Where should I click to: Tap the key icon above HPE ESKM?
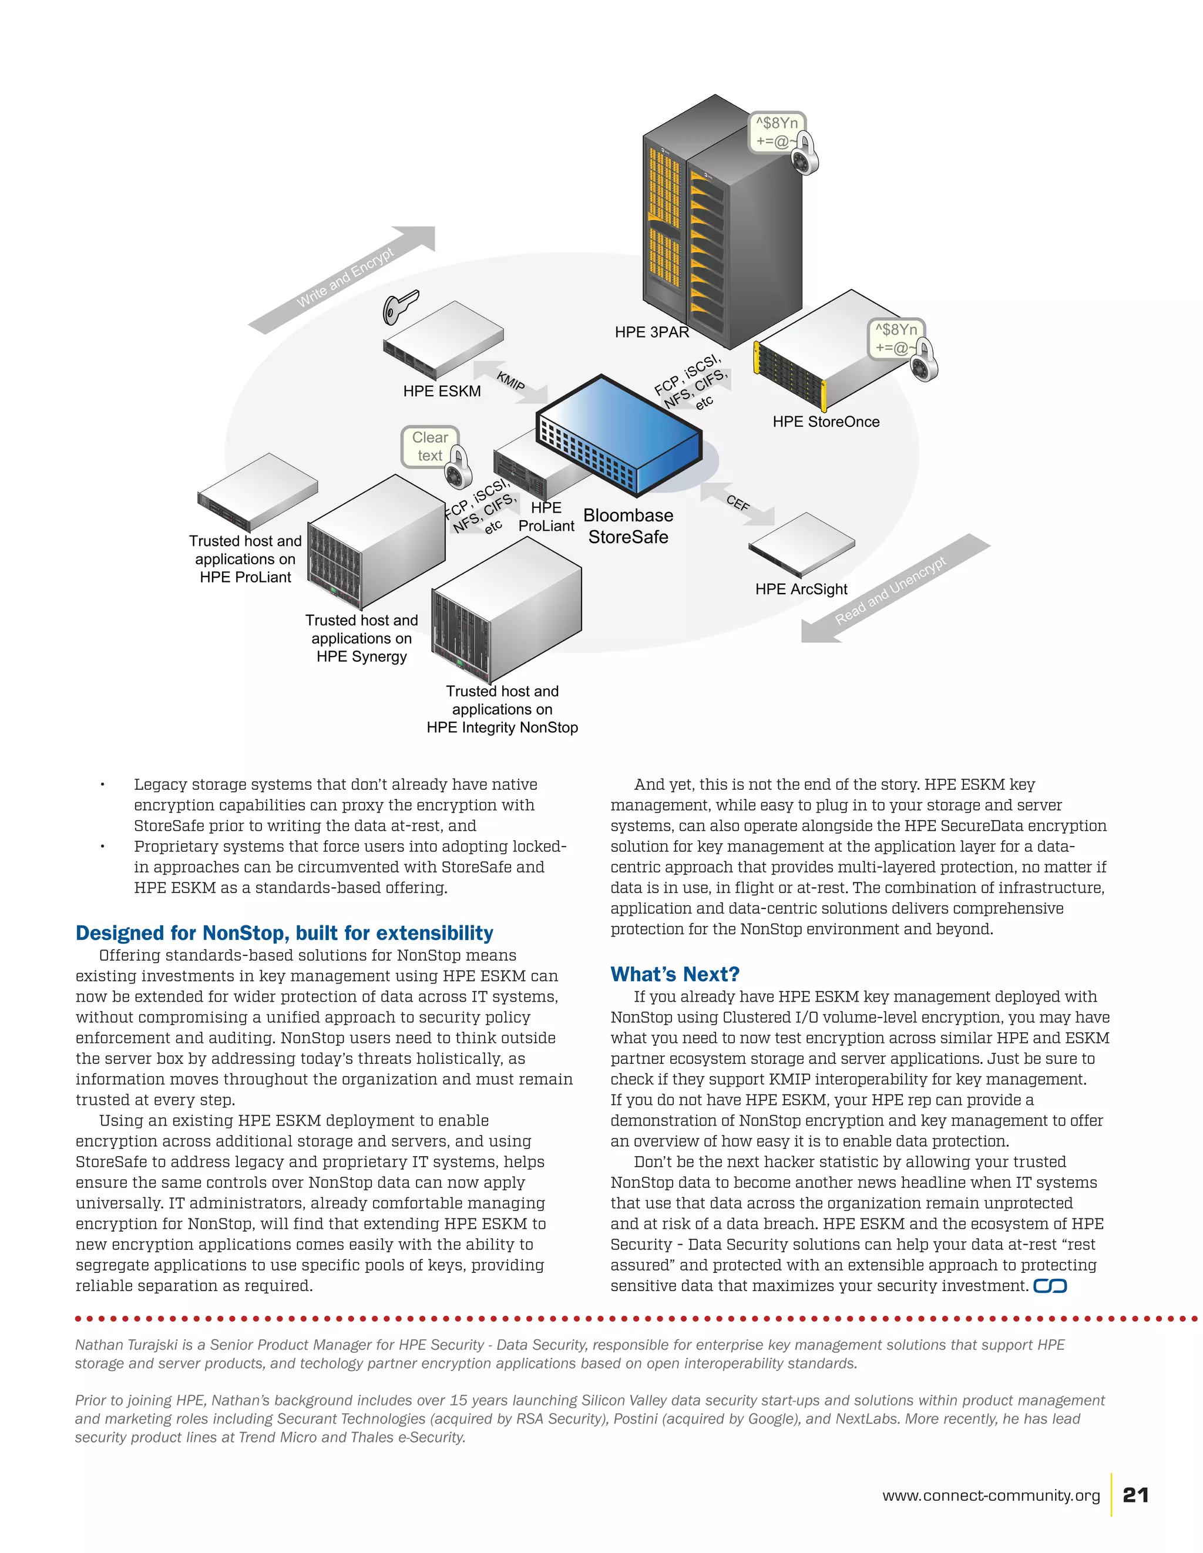tap(400, 306)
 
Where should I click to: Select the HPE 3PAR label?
tap(651, 332)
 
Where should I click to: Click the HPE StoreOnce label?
tap(825, 422)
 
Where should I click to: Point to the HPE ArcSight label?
tap(801, 589)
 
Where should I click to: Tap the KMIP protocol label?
tap(510, 381)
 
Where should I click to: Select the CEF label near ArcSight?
tap(738, 503)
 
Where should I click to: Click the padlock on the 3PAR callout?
tap(805, 156)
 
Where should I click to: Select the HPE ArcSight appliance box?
tap(801, 544)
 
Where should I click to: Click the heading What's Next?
tap(674, 973)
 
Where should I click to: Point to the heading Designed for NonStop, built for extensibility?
tap(284, 932)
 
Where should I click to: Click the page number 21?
tap(1135, 1495)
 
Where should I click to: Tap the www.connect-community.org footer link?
tap(990, 1495)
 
